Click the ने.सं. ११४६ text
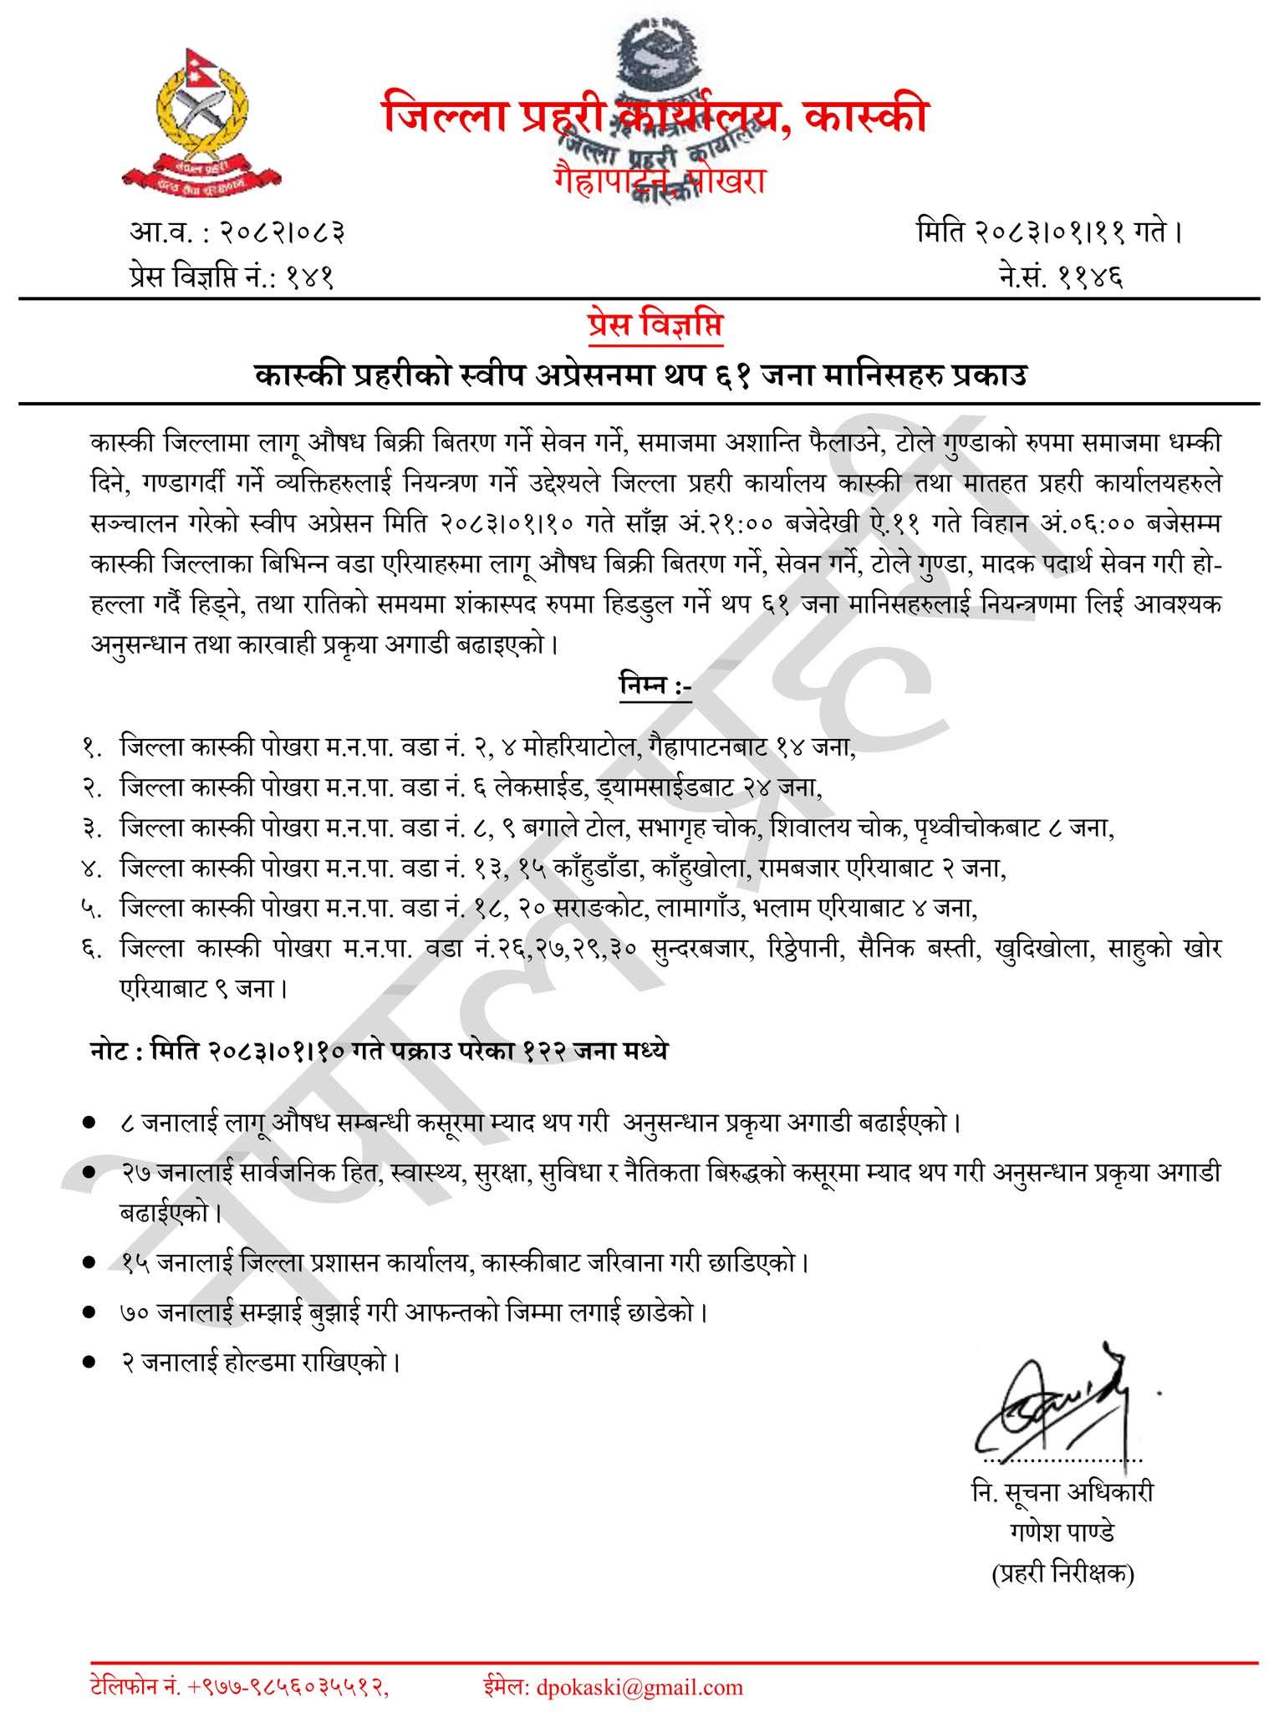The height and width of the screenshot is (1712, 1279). pyautogui.click(x=1061, y=273)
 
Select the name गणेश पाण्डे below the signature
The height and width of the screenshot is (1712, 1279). pyautogui.click(x=1062, y=1532)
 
